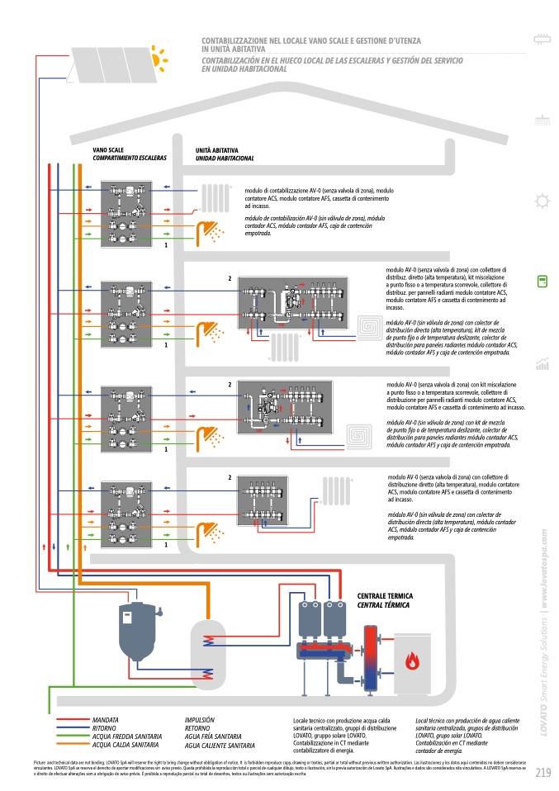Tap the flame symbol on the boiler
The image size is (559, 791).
click(411, 659)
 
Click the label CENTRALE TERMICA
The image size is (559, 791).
click(384, 595)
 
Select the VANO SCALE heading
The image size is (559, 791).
click(109, 149)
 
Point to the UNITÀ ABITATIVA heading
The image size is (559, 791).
click(217, 149)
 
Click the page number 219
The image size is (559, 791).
click(542, 773)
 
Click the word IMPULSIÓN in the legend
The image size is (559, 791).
click(200, 720)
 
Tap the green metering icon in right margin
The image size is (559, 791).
click(542, 282)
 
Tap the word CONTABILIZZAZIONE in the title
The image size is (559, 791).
click(239, 40)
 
